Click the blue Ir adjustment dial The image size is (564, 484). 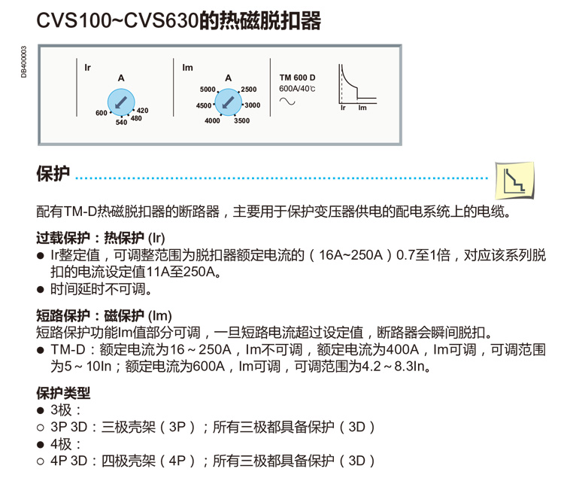point(120,101)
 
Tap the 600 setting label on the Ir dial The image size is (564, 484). point(102,113)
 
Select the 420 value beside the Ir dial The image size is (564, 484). point(142,111)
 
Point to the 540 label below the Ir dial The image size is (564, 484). point(121,123)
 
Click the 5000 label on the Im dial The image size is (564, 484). point(207,90)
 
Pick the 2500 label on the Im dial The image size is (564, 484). point(248,90)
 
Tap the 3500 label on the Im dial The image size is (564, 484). point(241,120)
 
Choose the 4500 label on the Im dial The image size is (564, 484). point(203,106)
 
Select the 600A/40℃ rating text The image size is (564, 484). point(298,89)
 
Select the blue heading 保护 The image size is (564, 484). point(53,175)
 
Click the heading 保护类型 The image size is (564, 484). point(63,393)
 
